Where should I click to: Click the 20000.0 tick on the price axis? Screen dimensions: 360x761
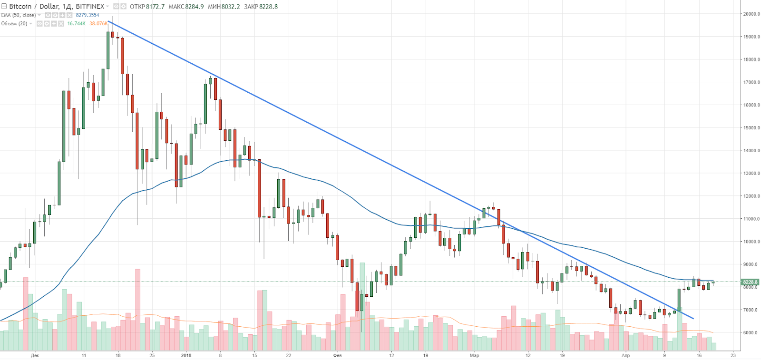point(751,14)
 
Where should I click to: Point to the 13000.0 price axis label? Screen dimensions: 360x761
point(751,173)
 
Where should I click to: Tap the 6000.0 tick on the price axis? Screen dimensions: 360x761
point(751,332)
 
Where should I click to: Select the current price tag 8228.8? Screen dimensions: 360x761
point(750,282)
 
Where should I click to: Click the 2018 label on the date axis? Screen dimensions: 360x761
point(186,355)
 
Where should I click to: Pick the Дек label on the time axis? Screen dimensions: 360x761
point(35,355)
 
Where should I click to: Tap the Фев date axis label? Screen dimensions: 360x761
point(337,355)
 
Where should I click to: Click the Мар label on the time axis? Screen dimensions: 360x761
point(474,355)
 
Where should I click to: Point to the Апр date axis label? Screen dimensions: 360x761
point(625,355)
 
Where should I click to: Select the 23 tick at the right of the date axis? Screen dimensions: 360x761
point(733,355)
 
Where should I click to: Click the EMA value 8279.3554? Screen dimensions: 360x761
point(88,15)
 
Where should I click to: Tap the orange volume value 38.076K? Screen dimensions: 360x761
point(98,23)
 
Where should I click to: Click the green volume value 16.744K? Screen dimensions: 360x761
point(76,23)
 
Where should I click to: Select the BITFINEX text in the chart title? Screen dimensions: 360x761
point(90,6)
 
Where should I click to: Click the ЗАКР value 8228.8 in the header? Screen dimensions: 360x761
point(268,7)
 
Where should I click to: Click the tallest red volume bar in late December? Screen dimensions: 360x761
point(137,309)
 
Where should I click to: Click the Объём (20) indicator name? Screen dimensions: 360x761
point(14,23)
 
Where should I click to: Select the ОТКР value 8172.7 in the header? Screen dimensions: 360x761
point(155,7)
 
